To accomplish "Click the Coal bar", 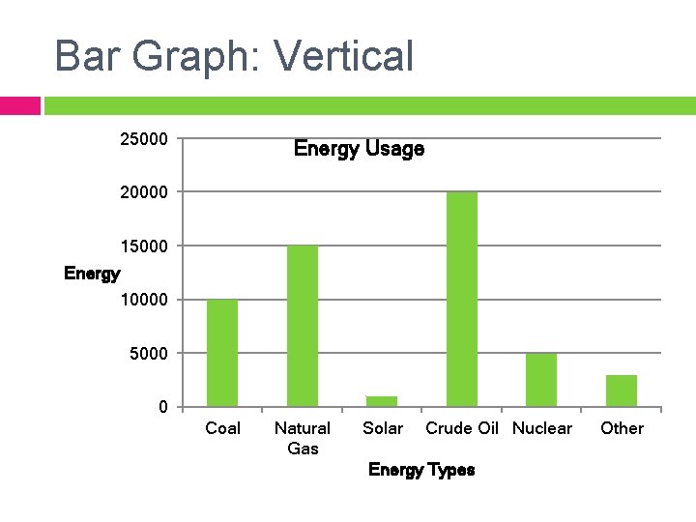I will [x=222, y=353].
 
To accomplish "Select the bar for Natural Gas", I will [x=303, y=326].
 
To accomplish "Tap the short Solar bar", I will [x=382, y=400].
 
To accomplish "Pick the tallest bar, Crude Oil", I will [x=462, y=299].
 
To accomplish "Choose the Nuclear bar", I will [x=541, y=379].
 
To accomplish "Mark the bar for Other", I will [x=622, y=390].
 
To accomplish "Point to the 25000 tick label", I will [x=143, y=140].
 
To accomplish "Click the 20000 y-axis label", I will [x=143, y=192].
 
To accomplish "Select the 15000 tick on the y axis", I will [x=143, y=246].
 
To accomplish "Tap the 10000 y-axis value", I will [x=143, y=300].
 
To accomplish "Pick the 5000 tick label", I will [x=148, y=354].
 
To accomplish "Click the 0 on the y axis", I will [x=163, y=407].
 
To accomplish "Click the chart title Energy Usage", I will [x=359, y=149].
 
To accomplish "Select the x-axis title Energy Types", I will [x=421, y=470].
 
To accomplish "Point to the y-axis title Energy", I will [x=92, y=274].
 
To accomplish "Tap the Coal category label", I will [x=223, y=428].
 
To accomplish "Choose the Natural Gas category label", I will [x=303, y=438].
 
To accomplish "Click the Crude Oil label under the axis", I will [x=462, y=428].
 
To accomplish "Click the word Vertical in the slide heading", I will [x=344, y=56].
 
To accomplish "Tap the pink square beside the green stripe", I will [x=19, y=105].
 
